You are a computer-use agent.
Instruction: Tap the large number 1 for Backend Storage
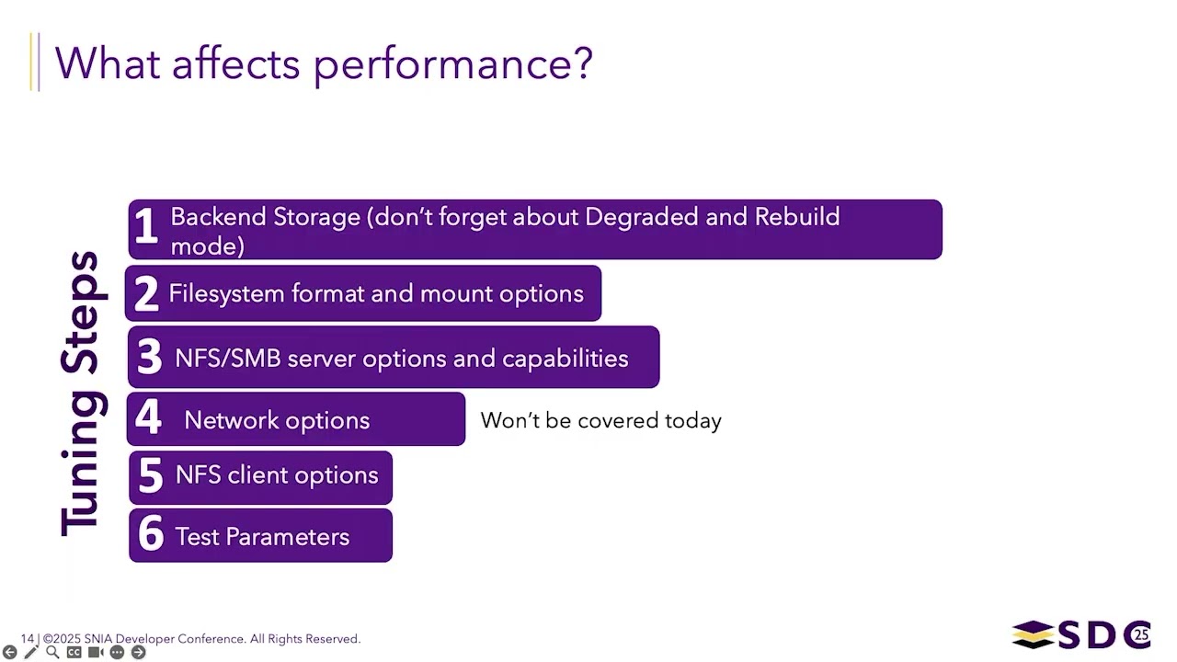click(144, 227)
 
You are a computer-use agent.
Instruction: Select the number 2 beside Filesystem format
click(145, 294)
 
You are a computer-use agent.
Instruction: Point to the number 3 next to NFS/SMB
click(149, 358)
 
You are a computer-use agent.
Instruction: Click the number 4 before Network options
click(148, 419)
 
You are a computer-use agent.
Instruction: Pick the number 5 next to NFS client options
click(150, 475)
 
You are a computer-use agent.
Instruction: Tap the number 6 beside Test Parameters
click(150, 536)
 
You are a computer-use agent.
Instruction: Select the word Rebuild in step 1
click(796, 217)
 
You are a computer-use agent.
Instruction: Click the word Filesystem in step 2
click(226, 294)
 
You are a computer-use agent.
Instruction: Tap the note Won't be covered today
click(600, 420)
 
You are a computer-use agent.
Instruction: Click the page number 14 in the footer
click(28, 638)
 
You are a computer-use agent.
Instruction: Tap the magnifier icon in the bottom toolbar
click(52, 652)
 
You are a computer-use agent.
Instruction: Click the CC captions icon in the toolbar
click(74, 652)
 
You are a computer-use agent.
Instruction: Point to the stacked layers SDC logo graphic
click(1032, 634)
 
